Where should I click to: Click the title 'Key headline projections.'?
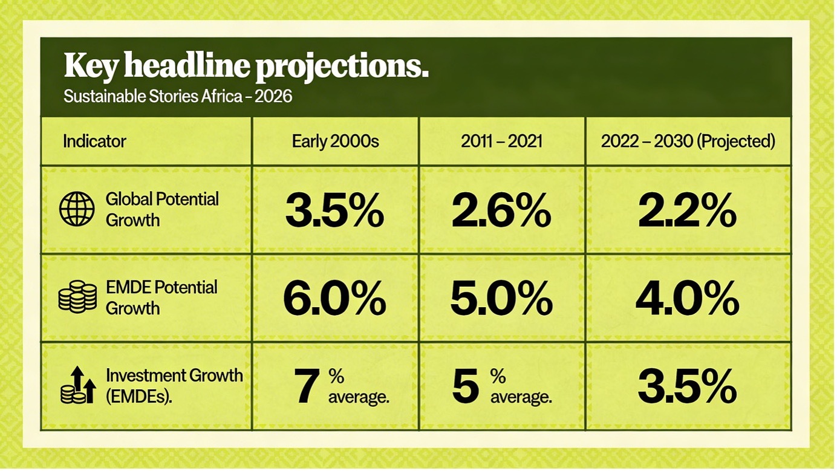click(x=246, y=66)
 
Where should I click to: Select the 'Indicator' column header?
click(x=94, y=141)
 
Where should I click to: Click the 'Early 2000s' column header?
click(x=335, y=141)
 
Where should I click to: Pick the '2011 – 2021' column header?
click(x=501, y=141)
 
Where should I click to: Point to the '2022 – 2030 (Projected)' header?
click(x=688, y=141)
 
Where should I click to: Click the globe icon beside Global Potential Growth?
click(x=77, y=209)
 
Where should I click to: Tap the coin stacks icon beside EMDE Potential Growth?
click(x=77, y=297)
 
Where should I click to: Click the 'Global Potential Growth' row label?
click(x=162, y=209)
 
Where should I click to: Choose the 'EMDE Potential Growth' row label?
click(x=161, y=297)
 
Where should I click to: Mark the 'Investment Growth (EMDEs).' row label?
click(x=174, y=385)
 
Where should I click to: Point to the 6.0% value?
click(x=334, y=299)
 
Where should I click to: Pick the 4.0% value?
click(x=687, y=299)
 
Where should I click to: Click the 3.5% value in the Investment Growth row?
click(x=687, y=387)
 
